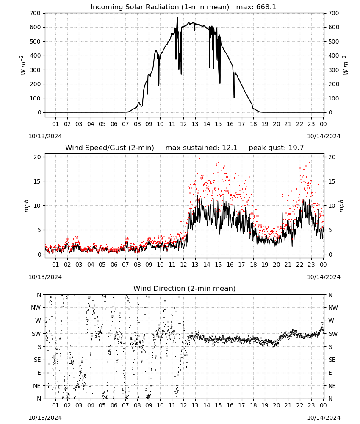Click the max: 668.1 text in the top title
coord(256,7)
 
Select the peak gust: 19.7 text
coord(276,148)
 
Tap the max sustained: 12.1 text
coord(201,148)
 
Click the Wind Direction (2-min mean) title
coord(185,288)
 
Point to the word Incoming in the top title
coord(105,7)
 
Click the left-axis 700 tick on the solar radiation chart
coord(36,13)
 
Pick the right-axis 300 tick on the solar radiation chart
coord(334,70)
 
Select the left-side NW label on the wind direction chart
coord(36,308)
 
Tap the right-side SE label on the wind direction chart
coord(332,360)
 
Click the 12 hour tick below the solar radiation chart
coord(183,124)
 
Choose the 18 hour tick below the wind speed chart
coord(253,265)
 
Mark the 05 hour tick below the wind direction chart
coord(102,406)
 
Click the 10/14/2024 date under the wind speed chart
coord(324,277)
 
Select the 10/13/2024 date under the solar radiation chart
coord(45,136)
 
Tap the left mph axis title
coord(26,206)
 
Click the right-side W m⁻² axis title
coord(346,65)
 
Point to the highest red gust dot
coord(199,158)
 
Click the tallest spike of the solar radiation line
coord(177,17)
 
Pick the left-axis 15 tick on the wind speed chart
coord(37,181)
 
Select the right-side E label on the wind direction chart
coord(330,373)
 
